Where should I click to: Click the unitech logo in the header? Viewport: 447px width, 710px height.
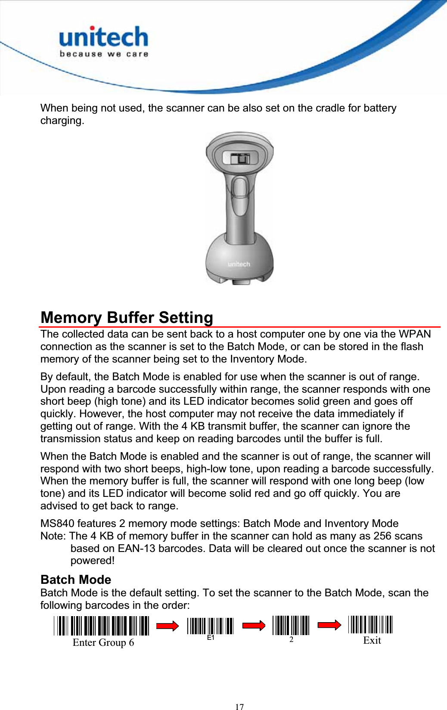[x=103, y=37]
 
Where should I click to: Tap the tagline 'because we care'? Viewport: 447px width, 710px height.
[x=104, y=54]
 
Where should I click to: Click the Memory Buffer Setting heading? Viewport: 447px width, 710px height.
[x=127, y=317]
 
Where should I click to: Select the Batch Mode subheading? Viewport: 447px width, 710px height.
[x=76, y=580]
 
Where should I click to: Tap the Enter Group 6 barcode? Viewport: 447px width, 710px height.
[x=102, y=626]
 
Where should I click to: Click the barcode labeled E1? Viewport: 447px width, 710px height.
[x=210, y=626]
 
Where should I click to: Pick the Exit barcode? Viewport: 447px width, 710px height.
[x=370, y=624]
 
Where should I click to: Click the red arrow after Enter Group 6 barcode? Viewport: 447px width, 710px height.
[x=168, y=626]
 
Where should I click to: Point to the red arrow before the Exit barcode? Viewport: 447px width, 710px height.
[x=329, y=625]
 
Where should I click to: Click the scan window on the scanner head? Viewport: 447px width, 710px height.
[x=239, y=158]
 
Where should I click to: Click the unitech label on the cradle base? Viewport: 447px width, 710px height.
[x=239, y=264]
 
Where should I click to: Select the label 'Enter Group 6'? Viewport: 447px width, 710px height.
[x=103, y=642]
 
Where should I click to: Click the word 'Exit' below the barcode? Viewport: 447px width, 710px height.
[x=372, y=640]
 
